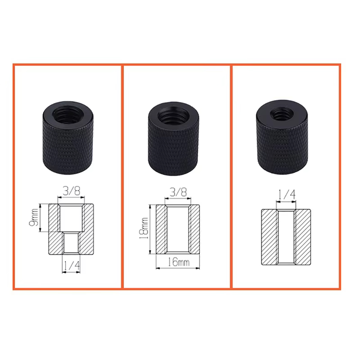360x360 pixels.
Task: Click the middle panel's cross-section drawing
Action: pos(178,230)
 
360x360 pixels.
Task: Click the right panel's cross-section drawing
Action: pos(286,237)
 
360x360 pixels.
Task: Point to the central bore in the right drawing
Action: pos(286,237)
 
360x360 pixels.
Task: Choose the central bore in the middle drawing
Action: pos(178,230)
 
